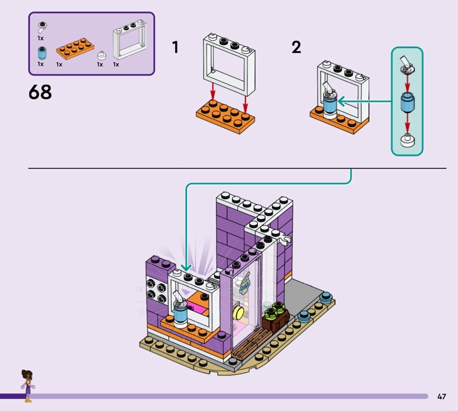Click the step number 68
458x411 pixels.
pyautogui.click(x=40, y=92)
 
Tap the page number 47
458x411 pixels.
pyautogui.click(x=441, y=396)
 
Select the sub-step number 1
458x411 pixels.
pyautogui.click(x=175, y=47)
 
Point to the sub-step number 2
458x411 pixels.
pyautogui.click(x=296, y=47)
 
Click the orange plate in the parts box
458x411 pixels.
pyautogui.click(x=75, y=49)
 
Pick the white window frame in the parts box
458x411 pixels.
pyautogui.click(x=129, y=40)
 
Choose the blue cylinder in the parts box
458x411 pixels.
pyautogui.click(x=42, y=53)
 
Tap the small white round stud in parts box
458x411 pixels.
pyautogui.click(x=101, y=55)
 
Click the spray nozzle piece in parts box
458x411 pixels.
pyautogui.click(x=42, y=27)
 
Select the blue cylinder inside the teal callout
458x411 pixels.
pyautogui.click(x=407, y=102)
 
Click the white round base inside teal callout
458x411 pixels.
pyautogui.click(x=408, y=140)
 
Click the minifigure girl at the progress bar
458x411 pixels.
pyautogui.click(x=27, y=386)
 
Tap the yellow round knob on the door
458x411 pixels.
pyautogui.click(x=238, y=313)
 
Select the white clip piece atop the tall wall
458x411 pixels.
pyautogui.click(x=285, y=238)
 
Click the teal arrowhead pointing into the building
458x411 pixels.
pyautogui.click(x=186, y=267)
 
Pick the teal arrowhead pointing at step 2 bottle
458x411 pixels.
pyautogui.click(x=342, y=102)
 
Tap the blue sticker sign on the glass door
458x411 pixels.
pyautogui.click(x=245, y=283)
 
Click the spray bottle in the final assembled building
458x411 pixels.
pyautogui.click(x=180, y=309)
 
